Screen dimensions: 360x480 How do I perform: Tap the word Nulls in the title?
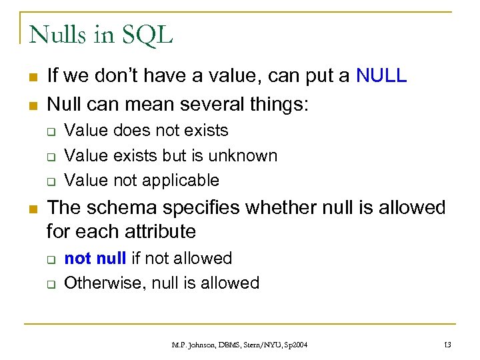coord(59,34)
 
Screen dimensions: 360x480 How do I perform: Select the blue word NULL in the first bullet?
coord(381,76)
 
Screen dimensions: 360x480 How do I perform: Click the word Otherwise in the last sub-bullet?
coord(105,283)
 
